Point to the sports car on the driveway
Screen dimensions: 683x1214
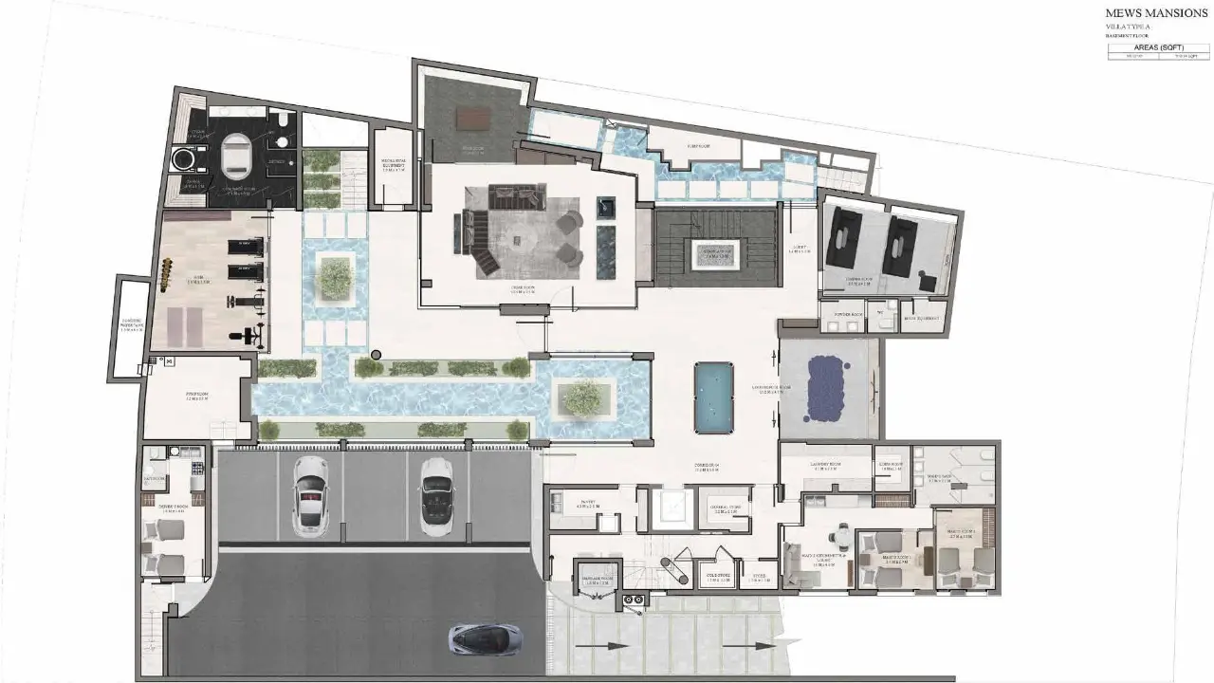(487, 637)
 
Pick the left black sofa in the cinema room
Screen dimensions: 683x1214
(843, 239)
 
